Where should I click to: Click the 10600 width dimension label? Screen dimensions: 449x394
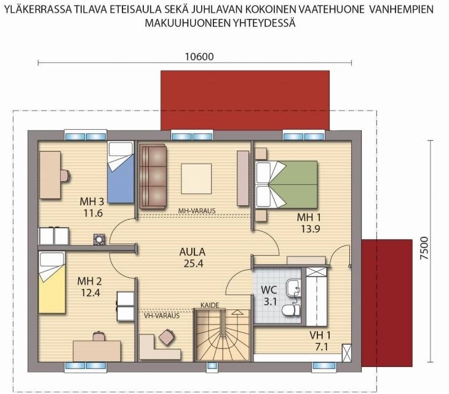[199, 57]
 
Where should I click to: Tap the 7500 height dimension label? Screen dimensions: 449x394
[424, 248]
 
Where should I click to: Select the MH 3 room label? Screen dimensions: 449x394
[92, 202]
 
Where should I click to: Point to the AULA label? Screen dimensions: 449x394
[193, 252]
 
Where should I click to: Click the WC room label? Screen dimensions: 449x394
[269, 290]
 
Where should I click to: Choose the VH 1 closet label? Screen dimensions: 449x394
[320, 335]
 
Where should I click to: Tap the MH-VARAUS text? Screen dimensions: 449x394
[197, 211]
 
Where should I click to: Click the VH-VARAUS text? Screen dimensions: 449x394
[162, 315]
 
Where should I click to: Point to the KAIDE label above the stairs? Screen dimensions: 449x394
[210, 305]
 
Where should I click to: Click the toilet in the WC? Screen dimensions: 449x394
[290, 310]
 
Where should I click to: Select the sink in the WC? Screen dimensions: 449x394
[293, 286]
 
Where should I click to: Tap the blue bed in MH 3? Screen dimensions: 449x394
[121, 173]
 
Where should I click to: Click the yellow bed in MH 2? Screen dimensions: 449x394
[52, 282]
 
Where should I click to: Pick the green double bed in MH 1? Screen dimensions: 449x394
[287, 184]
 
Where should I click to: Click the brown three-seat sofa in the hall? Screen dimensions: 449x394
[153, 176]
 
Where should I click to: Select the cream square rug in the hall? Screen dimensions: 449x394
[196, 178]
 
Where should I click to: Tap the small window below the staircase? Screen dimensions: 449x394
[212, 365]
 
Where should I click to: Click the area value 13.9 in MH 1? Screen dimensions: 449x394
[310, 229]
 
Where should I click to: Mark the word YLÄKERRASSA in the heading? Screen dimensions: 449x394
[38, 9]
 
